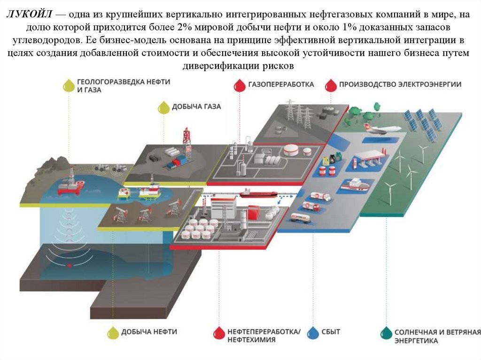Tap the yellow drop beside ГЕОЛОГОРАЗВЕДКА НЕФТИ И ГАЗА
pyautogui.click(x=69, y=85)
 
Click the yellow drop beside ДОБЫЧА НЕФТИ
pyautogui.click(x=113, y=332)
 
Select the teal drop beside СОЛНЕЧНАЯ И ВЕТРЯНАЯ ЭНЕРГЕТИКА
pyautogui.click(x=386, y=333)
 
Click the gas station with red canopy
pyautogui.click(x=370, y=159)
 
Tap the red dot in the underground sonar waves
pyautogui.click(x=70, y=265)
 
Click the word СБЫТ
pyautogui.click(x=331, y=332)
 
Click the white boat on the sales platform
pyautogui.click(x=355, y=184)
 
